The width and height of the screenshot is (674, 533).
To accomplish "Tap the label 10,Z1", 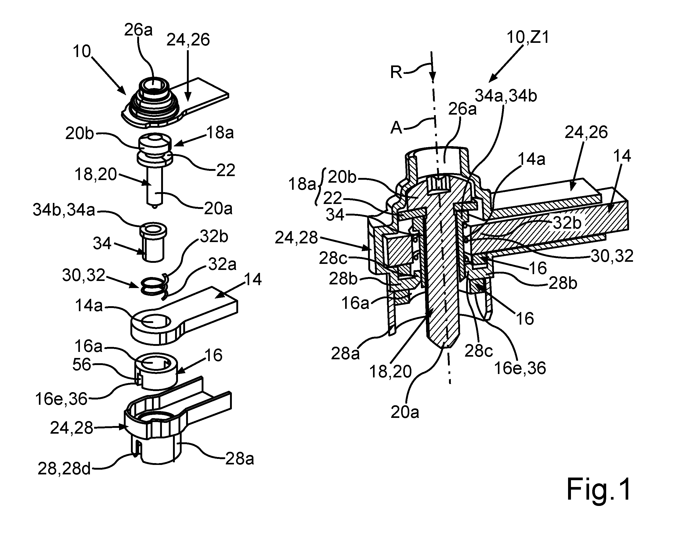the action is [528, 37].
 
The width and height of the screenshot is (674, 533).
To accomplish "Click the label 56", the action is [82, 365].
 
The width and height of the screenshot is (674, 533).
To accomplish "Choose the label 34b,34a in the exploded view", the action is [64, 210].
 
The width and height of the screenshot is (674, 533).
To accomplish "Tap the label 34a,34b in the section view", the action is [506, 96].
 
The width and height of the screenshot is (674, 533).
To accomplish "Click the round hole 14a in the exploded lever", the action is [152, 321].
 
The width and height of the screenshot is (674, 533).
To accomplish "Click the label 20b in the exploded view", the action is [80, 134].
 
